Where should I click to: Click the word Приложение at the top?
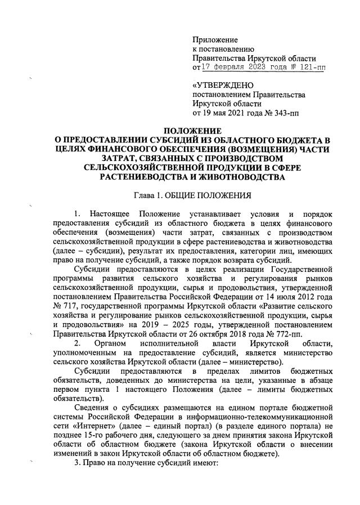[215, 40]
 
